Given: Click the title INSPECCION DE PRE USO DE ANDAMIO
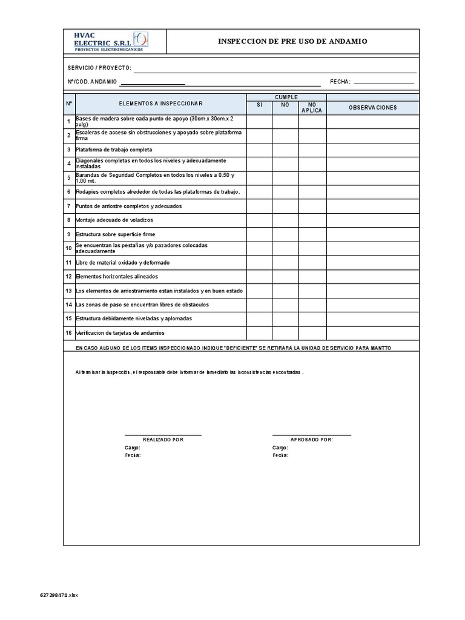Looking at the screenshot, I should click(292, 41).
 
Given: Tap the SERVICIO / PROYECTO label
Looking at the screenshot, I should click(99, 68).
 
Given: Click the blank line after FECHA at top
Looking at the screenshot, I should click(383, 81).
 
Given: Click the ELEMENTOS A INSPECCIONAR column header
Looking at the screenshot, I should click(160, 104).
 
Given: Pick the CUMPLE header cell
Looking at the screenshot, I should click(286, 97).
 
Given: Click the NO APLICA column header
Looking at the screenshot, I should click(312, 108).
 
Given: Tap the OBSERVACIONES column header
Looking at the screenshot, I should click(372, 108).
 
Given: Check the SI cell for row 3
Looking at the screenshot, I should click(259, 150).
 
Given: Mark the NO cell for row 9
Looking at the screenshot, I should click(285, 234).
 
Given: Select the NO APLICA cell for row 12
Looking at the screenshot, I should click(312, 277).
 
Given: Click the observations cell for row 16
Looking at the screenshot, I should click(372, 333).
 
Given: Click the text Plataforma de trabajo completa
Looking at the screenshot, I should click(114, 150).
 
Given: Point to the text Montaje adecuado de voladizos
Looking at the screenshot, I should click(114, 220).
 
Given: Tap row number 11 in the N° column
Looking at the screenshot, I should click(69, 263).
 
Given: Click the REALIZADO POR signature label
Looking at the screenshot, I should click(163, 440).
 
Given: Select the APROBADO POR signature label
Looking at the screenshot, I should click(311, 440).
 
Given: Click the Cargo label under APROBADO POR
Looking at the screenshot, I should click(280, 447).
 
